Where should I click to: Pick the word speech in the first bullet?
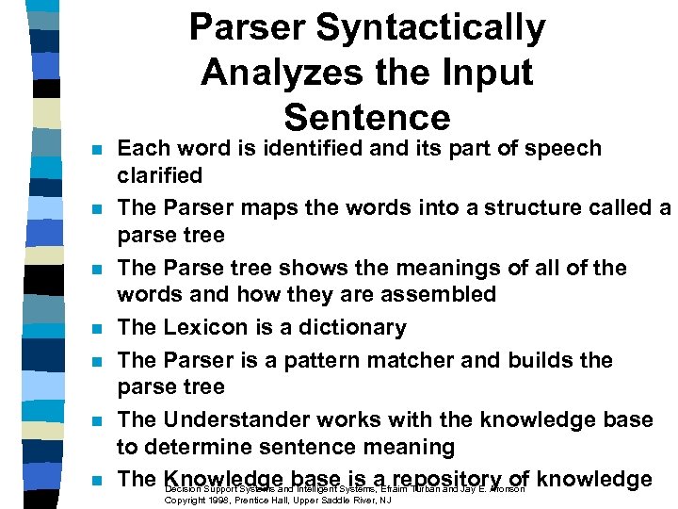pyautogui.click(x=565, y=148)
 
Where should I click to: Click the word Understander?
pyautogui.click(x=249, y=419)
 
